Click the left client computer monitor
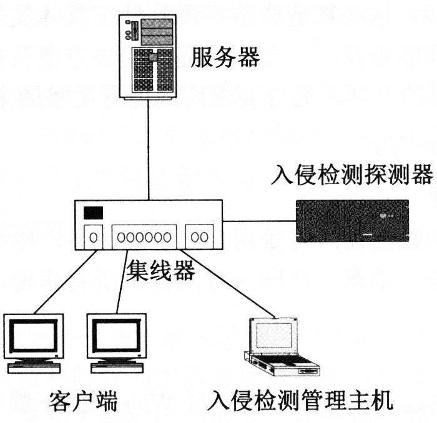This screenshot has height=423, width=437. (34, 341)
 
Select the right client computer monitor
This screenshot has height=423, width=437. (116, 341)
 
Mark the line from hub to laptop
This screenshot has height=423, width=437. (231, 281)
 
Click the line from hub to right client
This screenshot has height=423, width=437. (122, 281)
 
